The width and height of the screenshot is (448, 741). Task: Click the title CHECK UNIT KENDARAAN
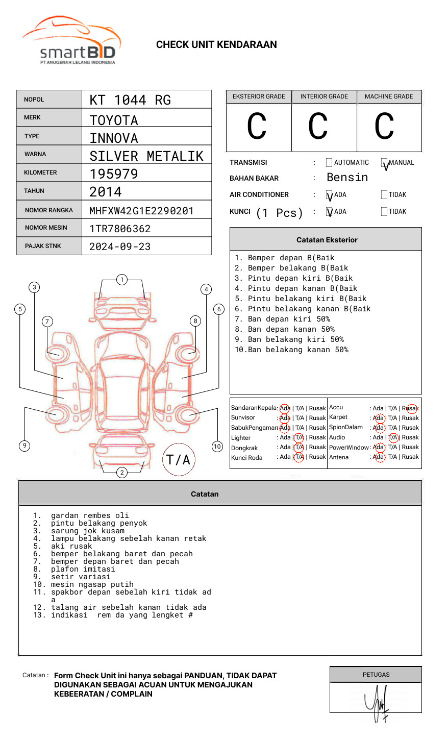click(x=216, y=45)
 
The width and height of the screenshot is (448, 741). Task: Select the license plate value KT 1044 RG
click(x=130, y=100)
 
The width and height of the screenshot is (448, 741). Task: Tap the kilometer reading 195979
click(x=114, y=174)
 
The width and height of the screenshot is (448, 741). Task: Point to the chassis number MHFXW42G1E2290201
click(x=141, y=211)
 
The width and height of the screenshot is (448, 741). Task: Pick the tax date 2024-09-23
click(x=120, y=246)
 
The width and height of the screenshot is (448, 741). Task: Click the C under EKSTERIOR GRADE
click(x=257, y=127)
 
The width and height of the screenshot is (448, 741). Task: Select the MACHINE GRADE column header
click(x=389, y=96)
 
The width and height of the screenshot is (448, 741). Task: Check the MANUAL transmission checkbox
click(x=385, y=163)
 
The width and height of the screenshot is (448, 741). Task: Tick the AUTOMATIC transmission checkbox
click(x=329, y=163)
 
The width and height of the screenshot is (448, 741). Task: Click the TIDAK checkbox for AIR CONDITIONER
click(x=384, y=195)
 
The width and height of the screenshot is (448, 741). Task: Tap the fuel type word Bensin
click(x=347, y=178)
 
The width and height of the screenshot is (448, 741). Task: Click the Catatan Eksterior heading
click(x=327, y=240)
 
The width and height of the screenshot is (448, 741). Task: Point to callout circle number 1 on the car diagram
click(x=121, y=280)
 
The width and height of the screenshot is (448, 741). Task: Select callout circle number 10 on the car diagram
click(x=217, y=447)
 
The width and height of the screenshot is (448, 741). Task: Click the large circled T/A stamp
click(x=179, y=460)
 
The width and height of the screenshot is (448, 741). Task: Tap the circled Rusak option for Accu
click(x=411, y=408)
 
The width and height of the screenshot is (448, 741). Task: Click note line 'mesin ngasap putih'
click(x=92, y=584)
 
